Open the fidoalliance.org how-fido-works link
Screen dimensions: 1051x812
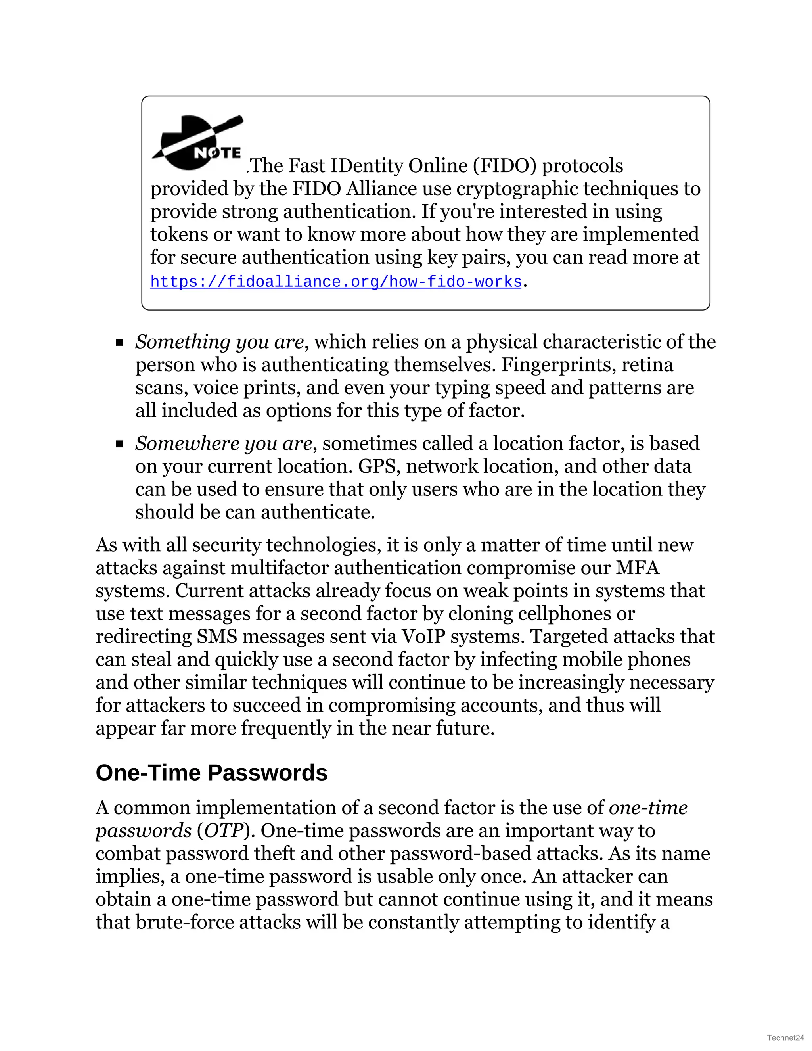click(x=336, y=282)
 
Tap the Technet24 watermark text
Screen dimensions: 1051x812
click(x=785, y=1038)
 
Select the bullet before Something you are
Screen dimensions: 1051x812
click(x=119, y=343)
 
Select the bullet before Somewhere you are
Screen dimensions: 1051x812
click(x=119, y=444)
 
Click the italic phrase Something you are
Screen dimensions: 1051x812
click(x=219, y=342)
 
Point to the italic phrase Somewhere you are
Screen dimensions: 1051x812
click(x=224, y=444)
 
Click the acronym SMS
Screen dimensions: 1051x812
click(x=217, y=636)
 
